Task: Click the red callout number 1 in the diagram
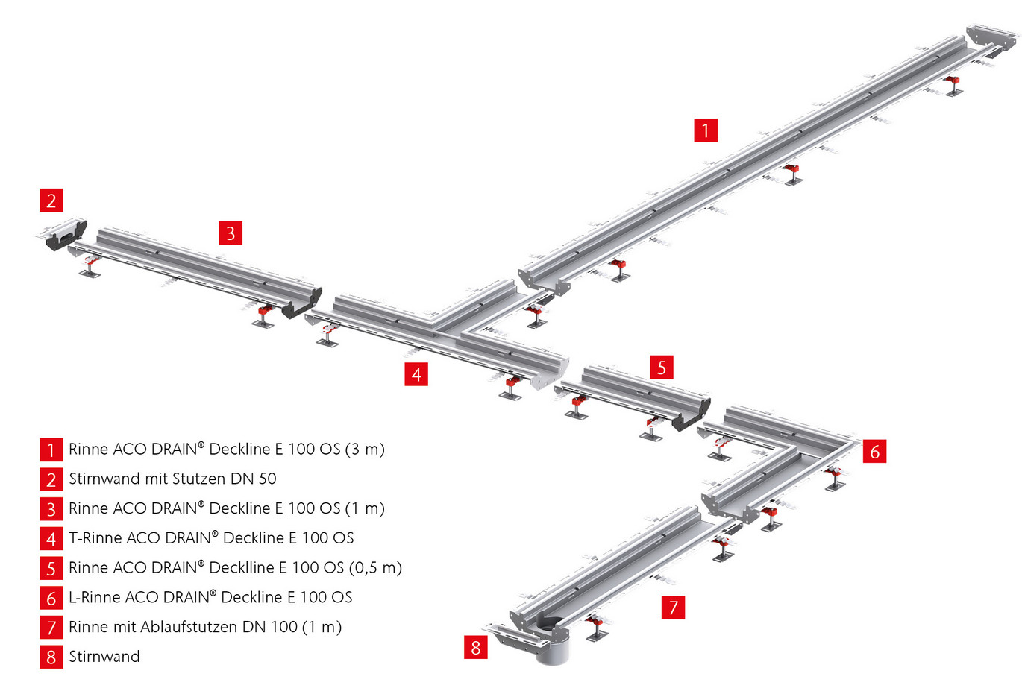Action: [705, 130]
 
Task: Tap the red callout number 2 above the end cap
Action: [51, 200]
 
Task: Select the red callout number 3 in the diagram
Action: [231, 233]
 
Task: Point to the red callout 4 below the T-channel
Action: [416, 373]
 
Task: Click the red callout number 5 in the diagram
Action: [661, 367]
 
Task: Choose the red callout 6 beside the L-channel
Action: [874, 451]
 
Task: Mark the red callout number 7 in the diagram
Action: [673, 607]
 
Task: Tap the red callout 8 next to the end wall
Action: [476, 647]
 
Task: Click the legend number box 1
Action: [51, 450]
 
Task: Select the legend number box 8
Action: [51, 657]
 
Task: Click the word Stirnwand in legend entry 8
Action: [104, 657]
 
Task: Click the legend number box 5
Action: [51, 568]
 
